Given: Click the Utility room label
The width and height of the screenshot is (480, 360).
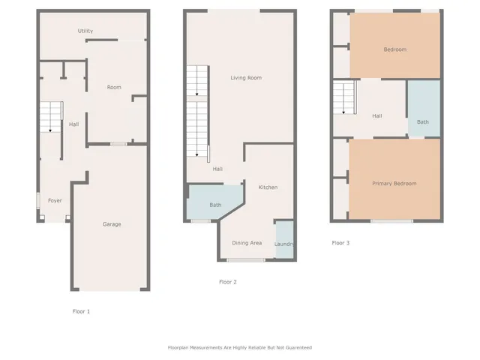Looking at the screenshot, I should (85, 31).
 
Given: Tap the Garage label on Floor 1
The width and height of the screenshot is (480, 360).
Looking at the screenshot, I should (112, 224).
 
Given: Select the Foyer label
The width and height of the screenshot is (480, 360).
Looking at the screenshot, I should (55, 201).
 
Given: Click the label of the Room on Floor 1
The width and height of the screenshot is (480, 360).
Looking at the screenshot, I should (114, 88).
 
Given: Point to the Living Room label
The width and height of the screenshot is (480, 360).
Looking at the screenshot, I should (245, 78).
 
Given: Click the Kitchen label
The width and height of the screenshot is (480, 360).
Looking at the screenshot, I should (268, 187).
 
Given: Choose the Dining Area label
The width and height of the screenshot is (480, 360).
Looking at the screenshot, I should (246, 243).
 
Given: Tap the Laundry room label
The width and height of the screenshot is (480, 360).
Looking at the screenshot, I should (284, 244).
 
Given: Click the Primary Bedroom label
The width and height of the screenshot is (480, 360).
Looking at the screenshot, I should (394, 183).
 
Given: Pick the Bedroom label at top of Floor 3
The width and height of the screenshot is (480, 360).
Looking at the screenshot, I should (394, 49).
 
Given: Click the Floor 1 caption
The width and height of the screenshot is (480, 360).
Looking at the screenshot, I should (80, 310).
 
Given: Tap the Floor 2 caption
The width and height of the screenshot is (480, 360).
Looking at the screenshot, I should (227, 282).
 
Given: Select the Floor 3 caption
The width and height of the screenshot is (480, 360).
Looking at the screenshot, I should (340, 243).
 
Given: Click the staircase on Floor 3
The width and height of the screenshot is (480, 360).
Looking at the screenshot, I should (343, 99).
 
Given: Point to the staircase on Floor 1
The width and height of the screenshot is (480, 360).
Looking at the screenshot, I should (50, 118).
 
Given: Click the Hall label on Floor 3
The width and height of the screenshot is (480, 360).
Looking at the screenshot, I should (376, 115).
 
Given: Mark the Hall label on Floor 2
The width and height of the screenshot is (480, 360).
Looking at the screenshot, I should (217, 169).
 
